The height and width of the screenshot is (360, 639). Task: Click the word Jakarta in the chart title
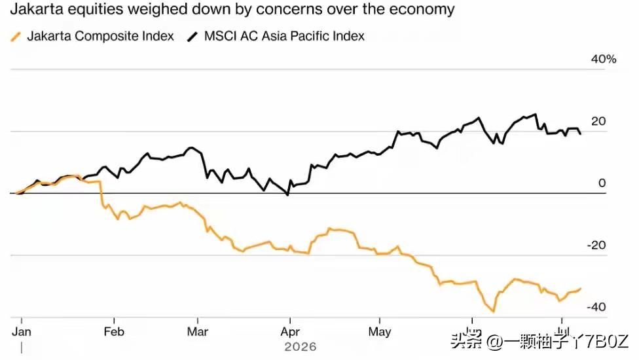[x=35, y=9]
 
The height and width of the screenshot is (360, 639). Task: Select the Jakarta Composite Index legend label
[x=101, y=36]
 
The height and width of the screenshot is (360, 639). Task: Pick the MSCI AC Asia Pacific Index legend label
[x=284, y=36]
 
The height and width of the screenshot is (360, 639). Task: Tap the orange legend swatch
[x=16, y=37]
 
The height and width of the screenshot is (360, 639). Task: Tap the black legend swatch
[x=192, y=37]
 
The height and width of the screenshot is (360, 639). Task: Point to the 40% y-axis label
[x=604, y=60]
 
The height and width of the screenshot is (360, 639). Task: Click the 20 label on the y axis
[x=598, y=121]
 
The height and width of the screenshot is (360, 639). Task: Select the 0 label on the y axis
[x=602, y=183]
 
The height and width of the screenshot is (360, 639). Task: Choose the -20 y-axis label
[x=596, y=245]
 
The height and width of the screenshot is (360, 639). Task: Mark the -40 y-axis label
[x=596, y=307]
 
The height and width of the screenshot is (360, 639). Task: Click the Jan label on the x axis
[x=22, y=332]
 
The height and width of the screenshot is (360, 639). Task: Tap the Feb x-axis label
[x=114, y=332]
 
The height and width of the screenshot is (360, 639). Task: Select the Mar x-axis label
[x=198, y=332]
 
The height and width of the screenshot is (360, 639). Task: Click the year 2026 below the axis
[x=301, y=347]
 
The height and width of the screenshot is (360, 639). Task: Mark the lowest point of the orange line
[x=494, y=312]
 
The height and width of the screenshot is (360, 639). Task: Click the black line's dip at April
[x=287, y=195]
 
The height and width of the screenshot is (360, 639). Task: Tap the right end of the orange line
[x=580, y=289]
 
